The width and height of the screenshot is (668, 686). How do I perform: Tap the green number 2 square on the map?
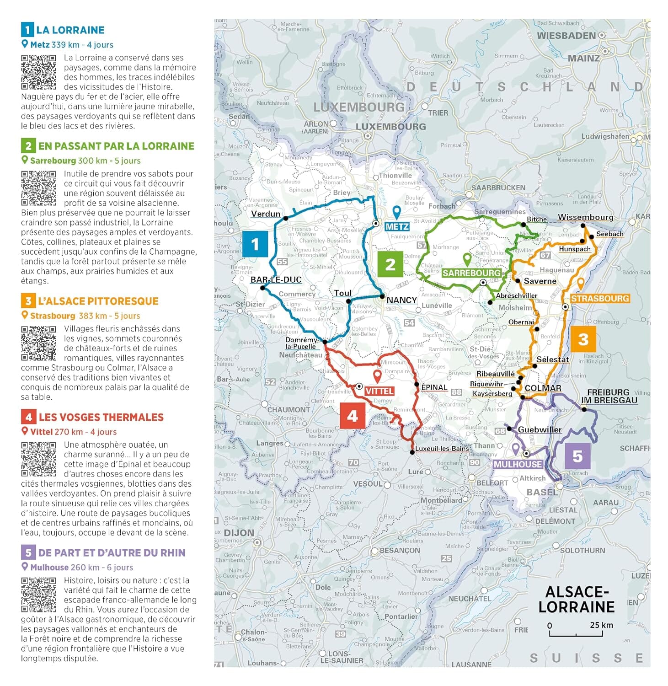click(x=390, y=264)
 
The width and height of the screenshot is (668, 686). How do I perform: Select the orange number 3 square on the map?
click(x=583, y=339)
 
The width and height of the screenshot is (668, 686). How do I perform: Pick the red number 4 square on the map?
click(x=352, y=416)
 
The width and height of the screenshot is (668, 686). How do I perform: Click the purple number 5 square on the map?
click(x=577, y=456)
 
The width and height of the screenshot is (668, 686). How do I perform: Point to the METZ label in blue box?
click(x=397, y=227)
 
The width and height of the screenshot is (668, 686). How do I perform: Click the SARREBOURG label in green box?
click(x=471, y=273)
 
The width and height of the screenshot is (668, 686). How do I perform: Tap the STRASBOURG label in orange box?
click(x=600, y=299)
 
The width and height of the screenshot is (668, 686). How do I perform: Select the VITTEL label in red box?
click(x=379, y=391)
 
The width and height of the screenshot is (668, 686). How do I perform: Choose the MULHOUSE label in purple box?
click(x=518, y=464)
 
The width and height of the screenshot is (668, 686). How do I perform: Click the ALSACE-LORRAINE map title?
click(x=576, y=599)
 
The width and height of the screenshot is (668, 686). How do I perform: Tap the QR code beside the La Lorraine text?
click(x=38, y=72)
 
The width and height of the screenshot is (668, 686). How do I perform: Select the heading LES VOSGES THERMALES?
click(x=101, y=417)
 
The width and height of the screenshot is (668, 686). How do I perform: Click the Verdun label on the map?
click(x=266, y=214)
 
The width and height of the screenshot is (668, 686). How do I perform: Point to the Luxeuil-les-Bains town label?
click(x=442, y=449)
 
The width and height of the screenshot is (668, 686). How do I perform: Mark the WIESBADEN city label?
click(x=566, y=36)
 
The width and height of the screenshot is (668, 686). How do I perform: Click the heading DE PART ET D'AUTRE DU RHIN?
click(x=112, y=552)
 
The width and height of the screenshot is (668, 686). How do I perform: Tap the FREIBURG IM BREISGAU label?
click(x=609, y=396)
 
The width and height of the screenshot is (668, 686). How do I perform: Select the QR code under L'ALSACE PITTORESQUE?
click(x=38, y=343)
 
